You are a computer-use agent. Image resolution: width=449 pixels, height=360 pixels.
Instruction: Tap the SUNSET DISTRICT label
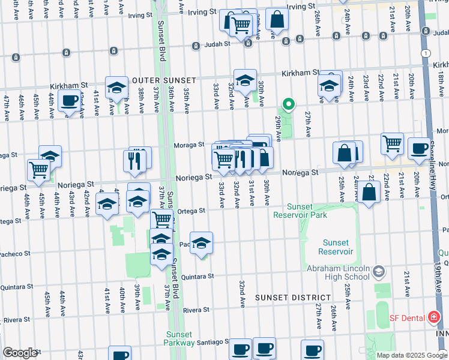click(x=292, y=298)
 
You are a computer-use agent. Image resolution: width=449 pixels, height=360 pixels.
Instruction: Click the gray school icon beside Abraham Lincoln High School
click(x=378, y=272)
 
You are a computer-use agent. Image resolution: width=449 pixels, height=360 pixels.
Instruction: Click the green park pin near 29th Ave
click(x=289, y=104)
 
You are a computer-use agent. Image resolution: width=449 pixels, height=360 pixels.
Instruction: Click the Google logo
click(x=20, y=353)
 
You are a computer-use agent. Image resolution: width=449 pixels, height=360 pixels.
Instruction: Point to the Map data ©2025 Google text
click(x=412, y=355)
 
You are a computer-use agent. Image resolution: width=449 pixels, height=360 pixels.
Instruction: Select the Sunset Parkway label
click(x=179, y=338)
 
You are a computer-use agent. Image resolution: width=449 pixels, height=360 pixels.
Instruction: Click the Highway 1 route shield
click(x=426, y=53)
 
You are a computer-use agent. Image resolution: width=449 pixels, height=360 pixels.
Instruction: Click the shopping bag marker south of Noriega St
click(x=370, y=192)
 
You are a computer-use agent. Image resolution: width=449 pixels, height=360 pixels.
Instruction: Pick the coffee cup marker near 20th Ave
click(x=419, y=148)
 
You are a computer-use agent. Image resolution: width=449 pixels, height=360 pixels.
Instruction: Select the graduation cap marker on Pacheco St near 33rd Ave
click(x=202, y=242)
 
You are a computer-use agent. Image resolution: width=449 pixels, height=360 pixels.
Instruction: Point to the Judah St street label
click(x=218, y=44)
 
